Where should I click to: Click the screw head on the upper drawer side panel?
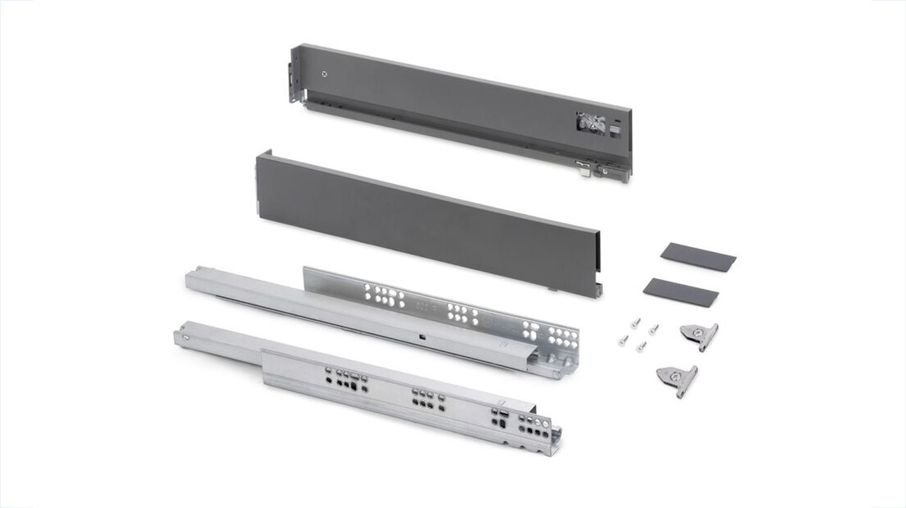[324, 74]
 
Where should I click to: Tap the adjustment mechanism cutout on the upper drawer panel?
[591, 123]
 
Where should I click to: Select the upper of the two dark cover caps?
[698, 256]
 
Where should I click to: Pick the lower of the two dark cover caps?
[681, 292]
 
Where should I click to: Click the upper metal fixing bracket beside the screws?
[699, 335]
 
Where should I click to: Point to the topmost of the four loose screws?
[636, 322]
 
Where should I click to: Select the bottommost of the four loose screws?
[640, 347]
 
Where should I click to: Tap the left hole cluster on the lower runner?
[347, 379]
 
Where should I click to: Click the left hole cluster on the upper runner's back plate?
[385, 295]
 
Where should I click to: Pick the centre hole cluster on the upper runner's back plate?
[463, 314]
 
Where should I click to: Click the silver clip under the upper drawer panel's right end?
[583, 168]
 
